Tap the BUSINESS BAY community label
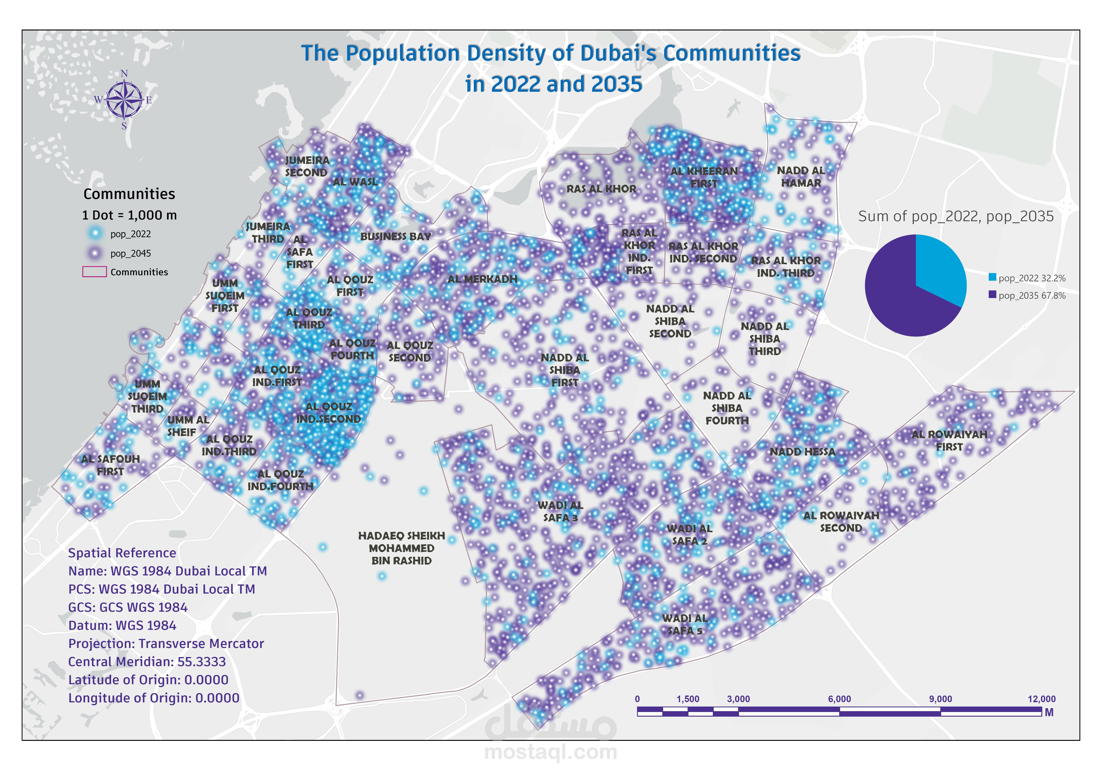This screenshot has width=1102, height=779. coord(395,236)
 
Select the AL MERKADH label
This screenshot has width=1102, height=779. coord(482,279)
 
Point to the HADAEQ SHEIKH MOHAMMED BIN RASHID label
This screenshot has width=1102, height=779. coord(401,548)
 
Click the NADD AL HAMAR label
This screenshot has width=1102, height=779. coord(801,177)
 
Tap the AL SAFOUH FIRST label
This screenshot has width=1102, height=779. coord(110,465)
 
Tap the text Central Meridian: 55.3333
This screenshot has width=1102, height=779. coord(147,662)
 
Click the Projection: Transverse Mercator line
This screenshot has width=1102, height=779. coord(166,644)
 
